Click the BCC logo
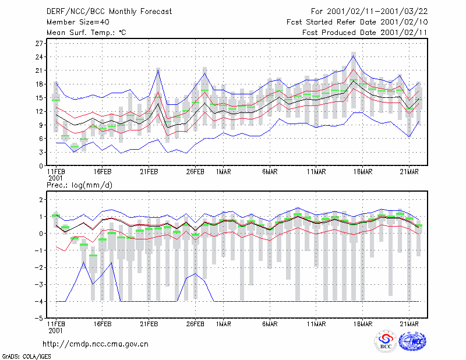pyautogui.click(x=386, y=341)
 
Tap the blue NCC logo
pyautogui.click(x=412, y=341)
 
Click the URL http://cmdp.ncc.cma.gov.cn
pyautogui.click(x=96, y=344)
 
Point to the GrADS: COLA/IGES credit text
pyautogui.click(x=26, y=357)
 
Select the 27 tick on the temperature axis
pyautogui.click(x=39, y=44)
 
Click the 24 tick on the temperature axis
pyautogui.click(x=39, y=57)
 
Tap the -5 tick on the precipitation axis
pyautogui.click(x=38, y=319)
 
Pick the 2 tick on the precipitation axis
pyautogui.click(x=41, y=199)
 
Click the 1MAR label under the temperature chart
pyautogui.click(x=224, y=172)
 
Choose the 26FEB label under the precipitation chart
pyautogui.click(x=195, y=324)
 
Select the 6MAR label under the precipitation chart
pyautogui.click(x=270, y=324)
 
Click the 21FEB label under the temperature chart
pyautogui.click(x=149, y=172)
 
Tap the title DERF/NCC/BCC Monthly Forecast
pyautogui.click(x=109, y=12)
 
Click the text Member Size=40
pyautogui.click(x=78, y=22)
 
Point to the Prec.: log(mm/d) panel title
pyautogui.click(x=79, y=185)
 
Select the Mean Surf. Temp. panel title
pyautogui.click(x=86, y=33)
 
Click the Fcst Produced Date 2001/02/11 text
pyautogui.click(x=365, y=33)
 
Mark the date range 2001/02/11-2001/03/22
pyautogui.click(x=377, y=12)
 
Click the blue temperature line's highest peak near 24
pyautogui.click(x=354, y=55)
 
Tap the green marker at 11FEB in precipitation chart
pyautogui.click(x=56, y=216)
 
